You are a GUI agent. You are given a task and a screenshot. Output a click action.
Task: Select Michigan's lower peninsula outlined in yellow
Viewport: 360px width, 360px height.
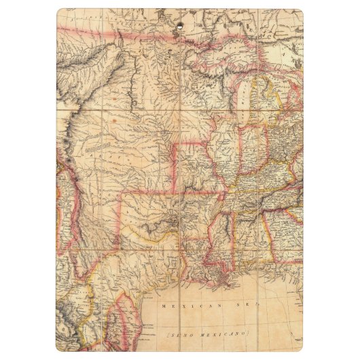pyautogui.click(x=262, y=102)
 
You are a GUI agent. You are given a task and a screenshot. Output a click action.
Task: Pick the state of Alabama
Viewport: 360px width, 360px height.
pyautogui.click(x=248, y=234)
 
